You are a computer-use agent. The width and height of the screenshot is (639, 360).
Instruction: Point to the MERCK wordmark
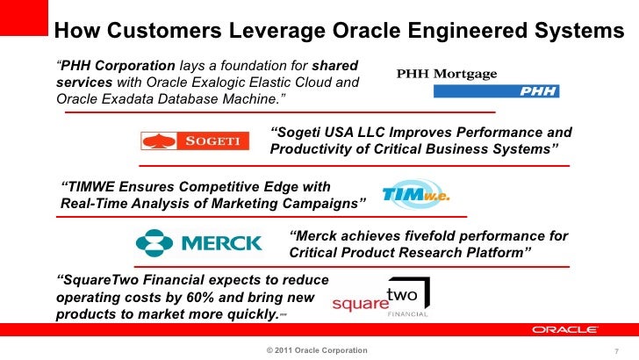[220, 243]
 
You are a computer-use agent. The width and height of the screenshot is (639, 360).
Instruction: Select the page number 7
[617, 351]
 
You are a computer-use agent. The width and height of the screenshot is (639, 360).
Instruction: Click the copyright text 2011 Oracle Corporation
[317, 350]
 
